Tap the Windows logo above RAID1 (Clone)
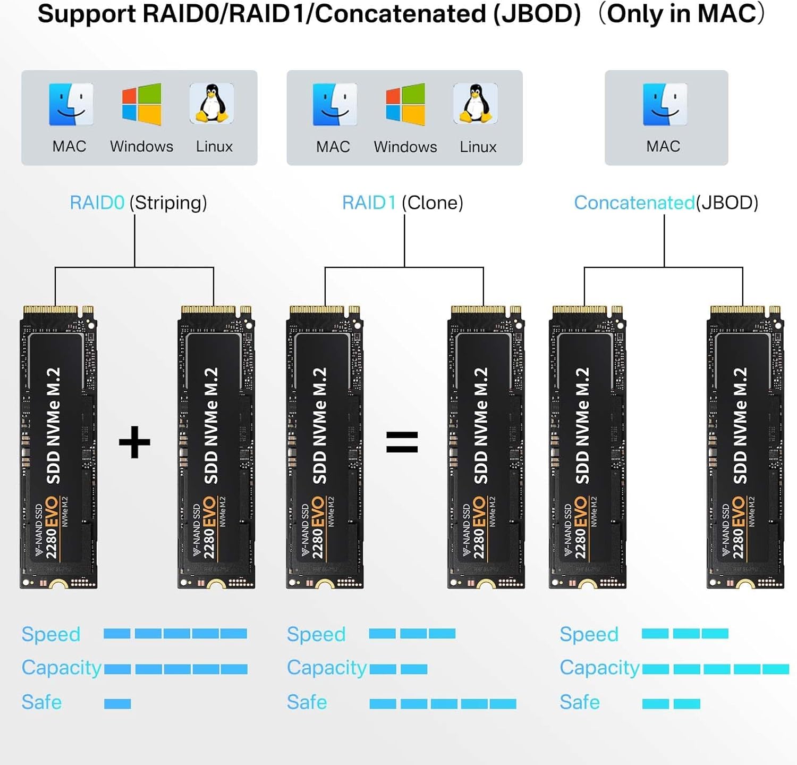point(405,104)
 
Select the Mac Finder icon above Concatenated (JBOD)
point(665,104)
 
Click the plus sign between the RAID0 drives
point(134,442)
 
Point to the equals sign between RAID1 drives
point(402,442)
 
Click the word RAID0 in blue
point(97,203)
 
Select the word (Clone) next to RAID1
point(433,203)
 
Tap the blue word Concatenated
point(634,203)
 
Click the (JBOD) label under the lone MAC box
point(727,203)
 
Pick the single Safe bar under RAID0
point(117,704)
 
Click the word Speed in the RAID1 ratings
point(316,634)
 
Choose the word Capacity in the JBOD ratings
point(599,668)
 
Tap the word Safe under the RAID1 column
point(307,702)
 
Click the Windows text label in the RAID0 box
point(141,146)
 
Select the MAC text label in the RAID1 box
point(333,147)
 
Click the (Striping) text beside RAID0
point(168,203)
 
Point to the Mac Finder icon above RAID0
point(71,104)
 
